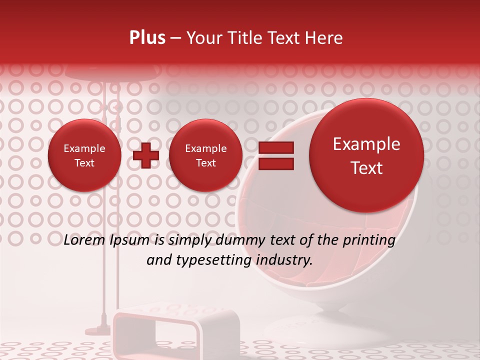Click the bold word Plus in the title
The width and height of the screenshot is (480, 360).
pyautogui.click(x=147, y=38)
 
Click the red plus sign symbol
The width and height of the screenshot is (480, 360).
pyautogui.click(x=146, y=155)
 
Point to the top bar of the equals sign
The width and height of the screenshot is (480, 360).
pyautogui.click(x=275, y=147)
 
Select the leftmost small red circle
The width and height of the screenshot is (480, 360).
pyautogui.click(x=84, y=155)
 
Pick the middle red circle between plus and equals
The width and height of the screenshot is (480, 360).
pyautogui.click(x=205, y=155)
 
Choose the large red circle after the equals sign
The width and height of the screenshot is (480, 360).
pyautogui.click(x=366, y=155)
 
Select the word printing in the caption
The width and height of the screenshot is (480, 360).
pyautogui.click(x=369, y=240)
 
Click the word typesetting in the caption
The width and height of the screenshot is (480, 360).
pyautogui.click(x=223, y=260)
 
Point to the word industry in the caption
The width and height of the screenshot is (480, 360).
pyautogui.click(x=285, y=260)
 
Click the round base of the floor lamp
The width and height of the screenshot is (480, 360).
pyautogui.click(x=99, y=330)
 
